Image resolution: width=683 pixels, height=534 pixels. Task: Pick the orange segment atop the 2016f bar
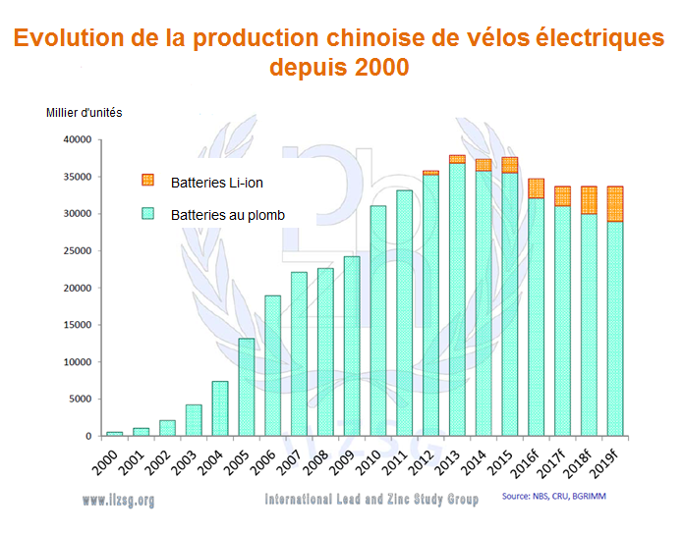537,188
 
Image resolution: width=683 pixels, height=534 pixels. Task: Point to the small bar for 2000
114,433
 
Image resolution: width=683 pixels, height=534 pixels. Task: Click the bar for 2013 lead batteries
457,299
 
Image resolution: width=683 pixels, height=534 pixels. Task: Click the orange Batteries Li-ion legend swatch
149,180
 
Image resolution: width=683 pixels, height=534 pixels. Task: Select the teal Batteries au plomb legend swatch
149,214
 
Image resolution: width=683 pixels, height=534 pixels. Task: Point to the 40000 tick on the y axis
77,140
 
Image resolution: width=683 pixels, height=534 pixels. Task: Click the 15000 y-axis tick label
77,325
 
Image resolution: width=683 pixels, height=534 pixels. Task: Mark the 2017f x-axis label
562,462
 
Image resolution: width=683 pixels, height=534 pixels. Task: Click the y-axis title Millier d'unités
85,111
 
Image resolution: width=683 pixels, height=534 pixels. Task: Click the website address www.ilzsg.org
119,500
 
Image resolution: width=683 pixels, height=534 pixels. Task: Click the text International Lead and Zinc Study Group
371,500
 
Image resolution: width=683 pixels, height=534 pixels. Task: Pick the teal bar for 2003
194,420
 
